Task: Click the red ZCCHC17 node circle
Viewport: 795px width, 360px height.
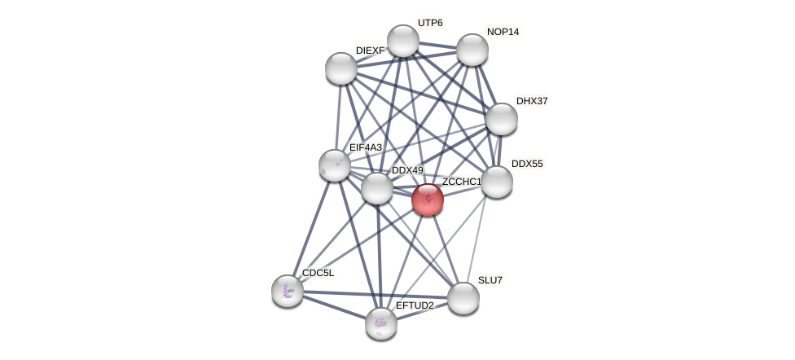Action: pos(428,200)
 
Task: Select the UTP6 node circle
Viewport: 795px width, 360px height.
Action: pos(403,41)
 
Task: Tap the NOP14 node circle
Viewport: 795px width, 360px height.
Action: pos(472,50)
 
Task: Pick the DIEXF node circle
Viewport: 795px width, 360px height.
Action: pos(341,68)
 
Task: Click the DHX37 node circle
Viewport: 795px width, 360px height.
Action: pos(502,119)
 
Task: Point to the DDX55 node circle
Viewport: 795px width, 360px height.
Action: pos(497,182)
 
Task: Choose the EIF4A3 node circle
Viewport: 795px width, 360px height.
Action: pos(335,165)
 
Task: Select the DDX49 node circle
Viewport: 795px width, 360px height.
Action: pos(377,188)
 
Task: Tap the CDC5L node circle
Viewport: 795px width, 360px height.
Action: pos(288,291)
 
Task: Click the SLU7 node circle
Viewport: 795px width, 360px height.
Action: pos(463,298)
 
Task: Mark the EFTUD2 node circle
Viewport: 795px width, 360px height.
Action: pos(381,323)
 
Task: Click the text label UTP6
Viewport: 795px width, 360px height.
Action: pos(430,23)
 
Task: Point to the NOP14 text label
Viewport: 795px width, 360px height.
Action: pos(503,32)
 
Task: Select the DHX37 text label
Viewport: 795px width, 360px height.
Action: pos(532,101)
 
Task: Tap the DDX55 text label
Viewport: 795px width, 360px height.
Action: pos(527,164)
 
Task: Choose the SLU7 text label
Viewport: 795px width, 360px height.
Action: pos(490,280)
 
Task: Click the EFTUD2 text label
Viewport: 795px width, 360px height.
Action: pos(415,305)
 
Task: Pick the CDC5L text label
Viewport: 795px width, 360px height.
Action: pos(318,273)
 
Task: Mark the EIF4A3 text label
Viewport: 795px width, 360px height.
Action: pos(366,147)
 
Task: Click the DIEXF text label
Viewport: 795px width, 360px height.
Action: pos(370,50)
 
